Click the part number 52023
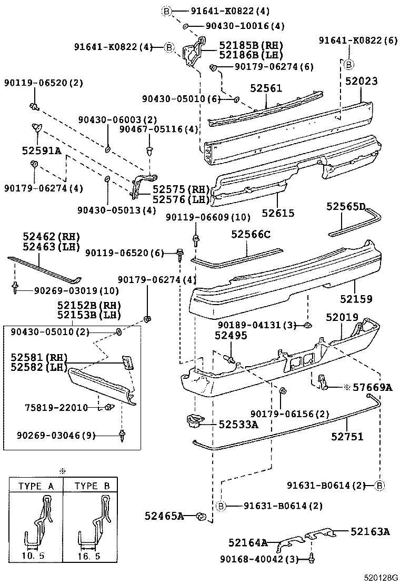pyautogui.click(x=362, y=82)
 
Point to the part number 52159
pyautogui.click(x=356, y=299)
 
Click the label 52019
pyautogui.click(x=342, y=318)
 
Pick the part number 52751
pyautogui.click(x=347, y=436)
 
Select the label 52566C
pyautogui.click(x=250, y=234)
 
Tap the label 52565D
pyautogui.click(x=346, y=206)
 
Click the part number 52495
pyautogui.click(x=231, y=335)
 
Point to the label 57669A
pyautogui.click(x=372, y=388)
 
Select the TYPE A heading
pyautogui.click(x=36, y=486)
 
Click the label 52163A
pyautogui.click(x=370, y=532)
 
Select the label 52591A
pyautogui.click(x=42, y=150)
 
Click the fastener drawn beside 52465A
pyautogui.click(x=200, y=517)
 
